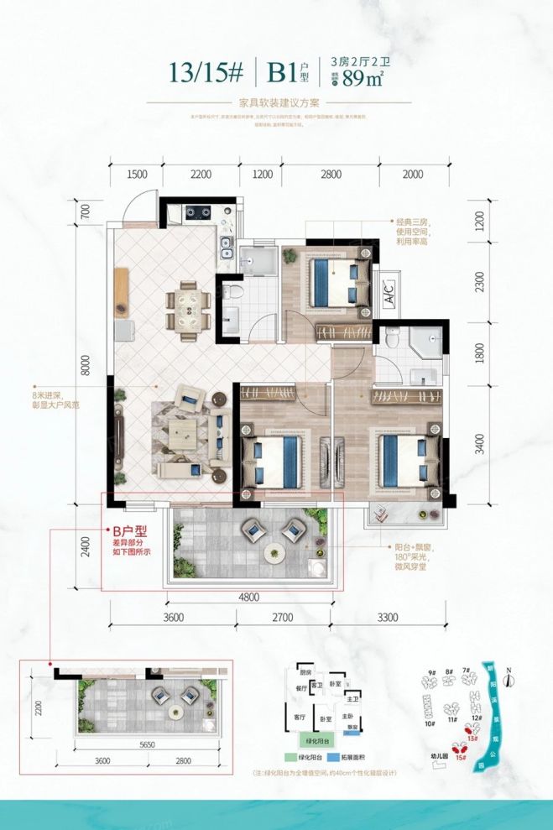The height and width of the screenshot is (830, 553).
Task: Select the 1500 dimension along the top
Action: tap(137, 175)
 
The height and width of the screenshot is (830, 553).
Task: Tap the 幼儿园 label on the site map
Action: tap(436, 754)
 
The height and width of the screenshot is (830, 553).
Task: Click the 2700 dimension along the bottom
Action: tap(281, 620)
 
